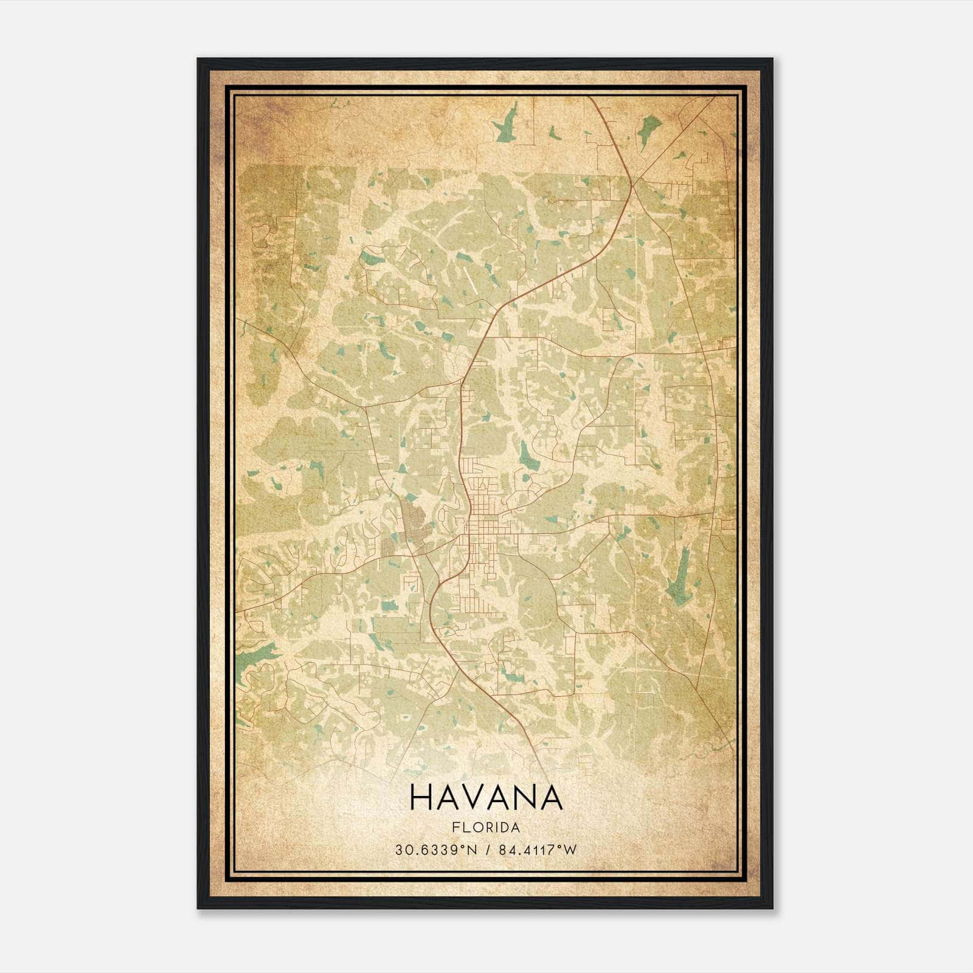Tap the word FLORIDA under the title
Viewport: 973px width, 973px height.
(486, 828)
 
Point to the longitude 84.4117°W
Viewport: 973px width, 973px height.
(537, 850)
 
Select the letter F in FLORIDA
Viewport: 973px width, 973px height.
(455, 828)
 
